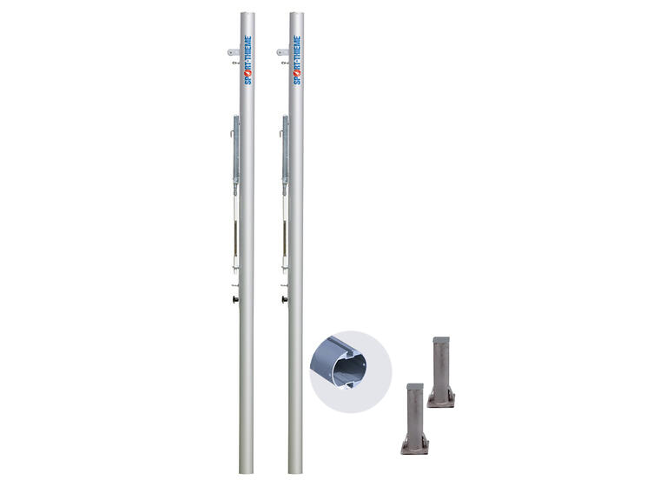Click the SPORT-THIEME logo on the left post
click(247, 60)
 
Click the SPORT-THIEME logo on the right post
click(297, 60)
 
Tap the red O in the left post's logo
click(247, 71)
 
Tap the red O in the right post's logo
click(297, 71)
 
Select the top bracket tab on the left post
click(234, 52)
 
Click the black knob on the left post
click(234, 299)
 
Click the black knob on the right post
click(285, 299)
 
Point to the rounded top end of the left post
click(247, 14)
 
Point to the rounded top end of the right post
click(297, 14)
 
